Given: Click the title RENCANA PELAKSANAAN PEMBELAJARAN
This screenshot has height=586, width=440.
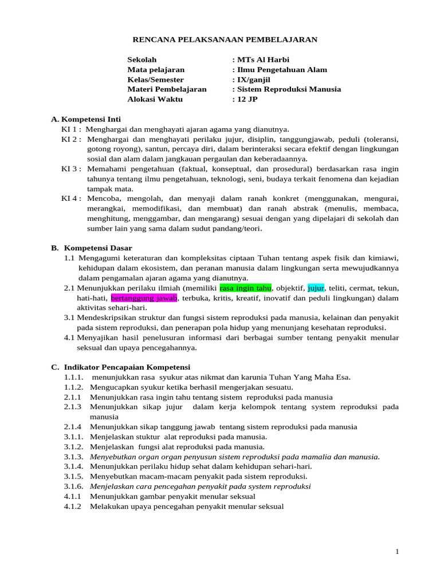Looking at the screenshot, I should pos(225,39).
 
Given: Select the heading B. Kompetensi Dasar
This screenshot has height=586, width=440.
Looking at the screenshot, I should pos(92,248).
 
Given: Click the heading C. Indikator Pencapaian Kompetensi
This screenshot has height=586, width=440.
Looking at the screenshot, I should pos(120,367).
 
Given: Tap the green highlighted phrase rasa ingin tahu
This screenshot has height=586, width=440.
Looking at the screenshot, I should pos(245,288).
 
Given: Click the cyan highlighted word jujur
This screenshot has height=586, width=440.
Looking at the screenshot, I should pos(316,288).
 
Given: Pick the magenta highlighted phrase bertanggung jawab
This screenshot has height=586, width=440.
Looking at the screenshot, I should pos(145,298).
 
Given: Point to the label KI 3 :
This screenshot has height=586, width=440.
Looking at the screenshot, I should pos(72,169).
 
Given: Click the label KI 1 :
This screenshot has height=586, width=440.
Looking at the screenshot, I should pos(72,129).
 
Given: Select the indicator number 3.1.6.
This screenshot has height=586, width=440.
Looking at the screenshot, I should pos(74,486).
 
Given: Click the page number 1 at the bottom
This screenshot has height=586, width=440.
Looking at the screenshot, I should pos(397,551).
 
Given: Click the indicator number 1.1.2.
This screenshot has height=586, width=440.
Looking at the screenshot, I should pos(74,387).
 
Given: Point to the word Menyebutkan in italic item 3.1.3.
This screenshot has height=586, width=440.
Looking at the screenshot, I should pos(113,457).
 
